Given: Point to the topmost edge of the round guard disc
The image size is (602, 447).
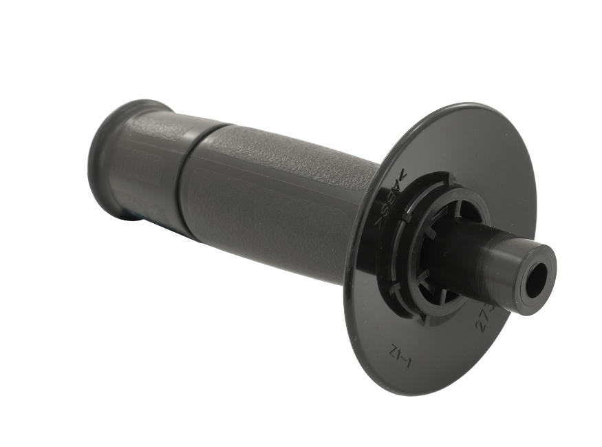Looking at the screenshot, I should pyautogui.click(x=475, y=104).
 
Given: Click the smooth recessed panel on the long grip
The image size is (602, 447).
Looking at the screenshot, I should pyautogui.click(x=261, y=220).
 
